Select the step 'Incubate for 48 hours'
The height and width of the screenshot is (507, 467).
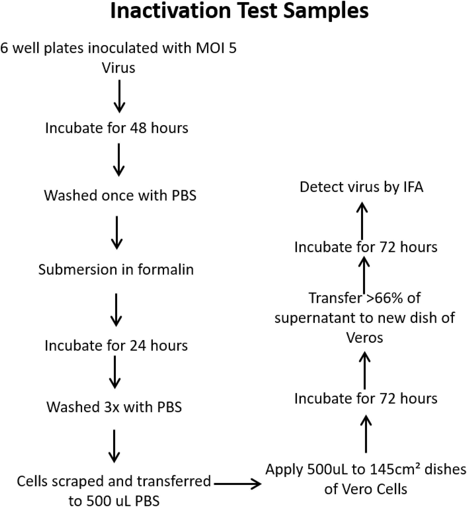click(x=117, y=128)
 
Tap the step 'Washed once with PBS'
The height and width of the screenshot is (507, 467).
click(x=120, y=195)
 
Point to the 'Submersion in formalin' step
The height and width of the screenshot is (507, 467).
click(x=116, y=270)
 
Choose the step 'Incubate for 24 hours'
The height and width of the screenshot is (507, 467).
click(x=116, y=345)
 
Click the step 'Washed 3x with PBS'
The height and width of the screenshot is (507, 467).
click(x=114, y=407)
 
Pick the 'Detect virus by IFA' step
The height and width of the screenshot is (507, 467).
click(x=362, y=187)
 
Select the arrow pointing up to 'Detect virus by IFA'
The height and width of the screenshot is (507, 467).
click(x=362, y=220)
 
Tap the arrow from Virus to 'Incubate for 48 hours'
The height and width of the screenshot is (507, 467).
click(x=119, y=96)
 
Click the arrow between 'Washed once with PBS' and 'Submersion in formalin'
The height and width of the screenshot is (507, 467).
click(x=117, y=232)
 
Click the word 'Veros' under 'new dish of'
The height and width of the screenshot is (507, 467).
click(x=364, y=337)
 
